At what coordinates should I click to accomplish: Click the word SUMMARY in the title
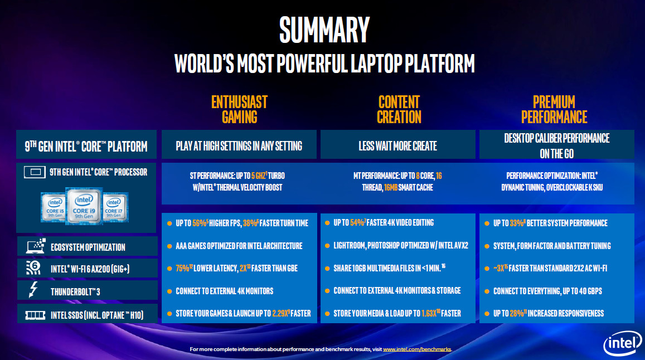pos(324,30)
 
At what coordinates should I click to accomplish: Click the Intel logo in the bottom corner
pos(622,343)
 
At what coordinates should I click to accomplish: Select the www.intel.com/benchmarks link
pos(417,349)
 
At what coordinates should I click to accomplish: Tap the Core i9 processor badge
pos(84,206)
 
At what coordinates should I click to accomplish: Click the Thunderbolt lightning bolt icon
pos(33,290)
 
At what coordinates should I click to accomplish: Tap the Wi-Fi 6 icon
pos(33,268)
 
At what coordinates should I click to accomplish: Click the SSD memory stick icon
pos(35,315)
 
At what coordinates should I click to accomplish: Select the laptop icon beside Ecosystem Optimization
pos(35,246)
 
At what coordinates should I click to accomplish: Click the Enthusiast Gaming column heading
pos(239,109)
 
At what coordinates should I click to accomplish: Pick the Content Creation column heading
pos(399,109)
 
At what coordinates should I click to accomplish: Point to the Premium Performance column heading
pos(554,109)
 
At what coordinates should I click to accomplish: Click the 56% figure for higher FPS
pos(200,223)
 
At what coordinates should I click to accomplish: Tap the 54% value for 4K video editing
pos(357,222)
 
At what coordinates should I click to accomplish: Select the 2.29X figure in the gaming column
pos(280,314)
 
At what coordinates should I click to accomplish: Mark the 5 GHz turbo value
pos(258,176)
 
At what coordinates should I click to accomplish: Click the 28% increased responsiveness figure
pos(517,314)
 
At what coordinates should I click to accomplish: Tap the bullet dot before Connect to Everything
pos(487,291)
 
